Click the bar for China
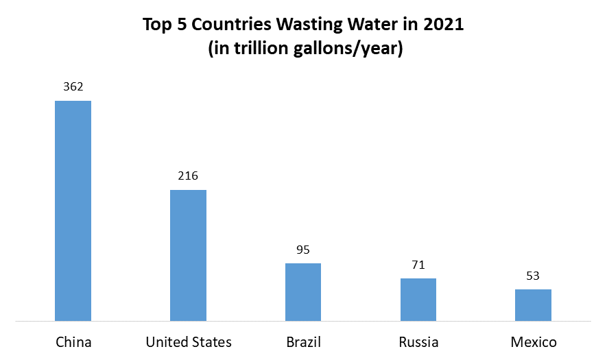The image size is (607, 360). click(x=73, y=211)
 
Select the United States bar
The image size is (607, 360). click(x=188, y=255)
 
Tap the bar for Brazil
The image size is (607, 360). click(x=303, y=291)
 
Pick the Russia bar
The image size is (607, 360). click(x=418, y=299)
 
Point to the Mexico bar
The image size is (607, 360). click(x=533, y=304)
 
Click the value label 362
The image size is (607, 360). click(x=73, y=87)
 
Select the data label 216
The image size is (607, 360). click(x=188, y=176)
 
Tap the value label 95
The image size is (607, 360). click(x=303, y=250)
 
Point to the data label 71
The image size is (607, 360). click(x=418, y=265)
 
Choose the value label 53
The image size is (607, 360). click(x=533, y=276)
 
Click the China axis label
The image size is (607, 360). click(x=73, y=341)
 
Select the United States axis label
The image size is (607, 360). click(x=189, y=341)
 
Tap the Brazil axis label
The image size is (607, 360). click(x=303, y=341)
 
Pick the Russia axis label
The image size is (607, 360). click(x=418, y=341)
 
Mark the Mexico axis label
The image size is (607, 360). click(x=534, y=341)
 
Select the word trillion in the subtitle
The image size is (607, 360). click(x=257, y=51)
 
